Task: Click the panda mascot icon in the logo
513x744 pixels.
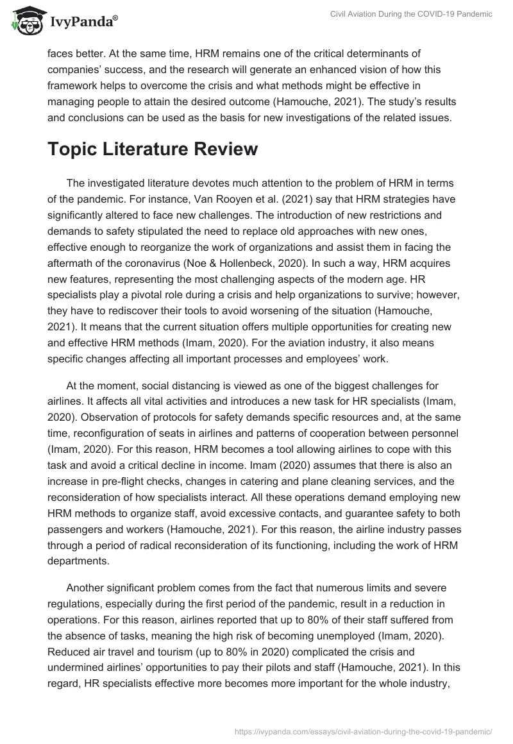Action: pos(25,22)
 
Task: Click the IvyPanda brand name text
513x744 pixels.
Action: pos(81,22)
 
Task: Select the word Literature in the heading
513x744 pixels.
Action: pos(160,149)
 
